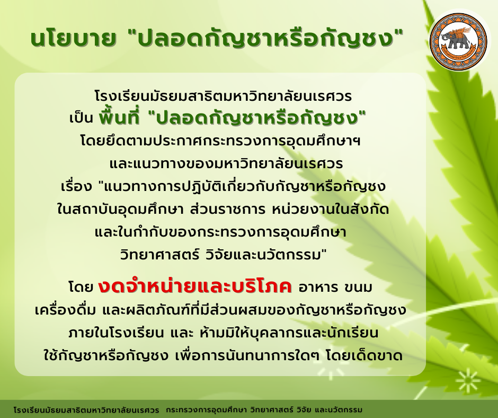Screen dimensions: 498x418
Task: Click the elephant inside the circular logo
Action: pyautogui.click(x=457, y=39)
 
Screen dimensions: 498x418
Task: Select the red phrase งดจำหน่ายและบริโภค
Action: pyautogui.click(x=194, y=286)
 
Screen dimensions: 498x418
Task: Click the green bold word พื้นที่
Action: pyautogui.click(x=119, y=117)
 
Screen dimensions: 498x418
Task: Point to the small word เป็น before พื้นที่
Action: pyautogui.click(x=81, y=118)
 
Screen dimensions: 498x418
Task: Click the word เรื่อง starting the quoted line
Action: pyautogui.click(x=76, y=186)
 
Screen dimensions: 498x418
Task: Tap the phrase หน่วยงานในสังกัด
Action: pyautogui.click(x=330, y=210)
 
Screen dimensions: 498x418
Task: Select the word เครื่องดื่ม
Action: pyautogui.click(x=65, y=310)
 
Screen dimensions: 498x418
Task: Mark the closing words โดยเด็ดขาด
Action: pyautogui.click(x=364, y=355)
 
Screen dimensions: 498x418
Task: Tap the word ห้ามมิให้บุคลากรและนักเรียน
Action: pyautogui.click(x=289, y=333)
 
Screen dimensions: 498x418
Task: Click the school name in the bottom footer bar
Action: pyautogui.click(x=86, y=410)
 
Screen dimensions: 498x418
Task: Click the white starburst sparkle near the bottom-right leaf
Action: pyautogui.click(x=468, y=381)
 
